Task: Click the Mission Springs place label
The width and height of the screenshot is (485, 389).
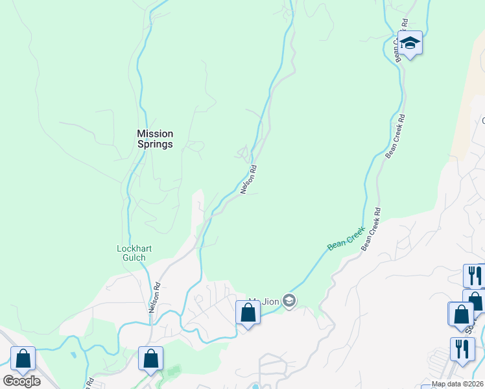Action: coord(155,139)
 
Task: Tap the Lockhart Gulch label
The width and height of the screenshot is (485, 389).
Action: coord(131,253)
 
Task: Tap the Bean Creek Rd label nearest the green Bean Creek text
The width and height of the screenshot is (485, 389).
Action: coord(371,230)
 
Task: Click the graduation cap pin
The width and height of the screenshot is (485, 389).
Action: coord(410,44)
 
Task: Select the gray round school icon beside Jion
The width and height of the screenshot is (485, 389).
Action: coord(289,300)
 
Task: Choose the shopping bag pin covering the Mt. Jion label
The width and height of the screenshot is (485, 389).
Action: coord(248,313)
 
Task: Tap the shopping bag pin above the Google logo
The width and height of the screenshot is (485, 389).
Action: coord(23,359)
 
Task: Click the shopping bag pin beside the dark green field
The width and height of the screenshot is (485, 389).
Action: coord(150,359)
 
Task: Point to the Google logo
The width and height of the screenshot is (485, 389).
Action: coord(21,381)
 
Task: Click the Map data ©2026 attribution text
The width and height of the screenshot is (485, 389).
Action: coord(457,384)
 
